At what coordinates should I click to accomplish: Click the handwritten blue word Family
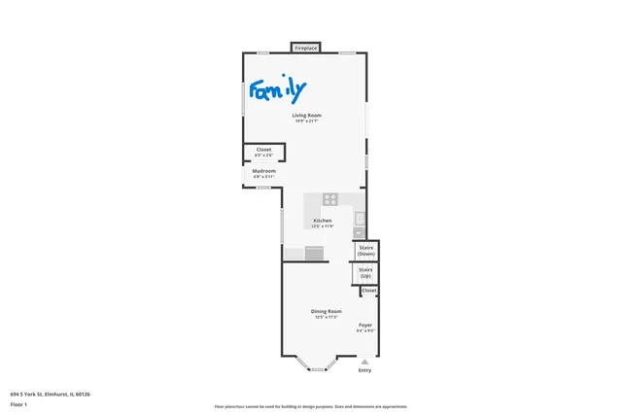[277, 91]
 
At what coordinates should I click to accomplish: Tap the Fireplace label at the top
[306, 48]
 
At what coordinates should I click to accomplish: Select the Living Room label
[307, 115]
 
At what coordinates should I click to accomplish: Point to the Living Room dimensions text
[307, 121]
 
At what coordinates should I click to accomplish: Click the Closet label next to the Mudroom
[263, 149]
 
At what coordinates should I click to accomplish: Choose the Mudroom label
[264, 171]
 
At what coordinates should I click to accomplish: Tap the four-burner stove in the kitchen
[330, 199]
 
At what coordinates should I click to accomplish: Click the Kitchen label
[323, 221]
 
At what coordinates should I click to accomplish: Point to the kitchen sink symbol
[359, 231]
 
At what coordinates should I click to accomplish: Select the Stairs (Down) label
[366, 251]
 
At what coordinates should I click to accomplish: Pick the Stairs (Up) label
[365, 272]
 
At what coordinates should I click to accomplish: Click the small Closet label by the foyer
[369, 291]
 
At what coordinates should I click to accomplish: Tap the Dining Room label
[326, 311]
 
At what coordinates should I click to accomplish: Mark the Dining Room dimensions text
[326, 318]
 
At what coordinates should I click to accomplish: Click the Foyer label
[365, 325]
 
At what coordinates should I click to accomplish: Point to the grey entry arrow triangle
[365, 361]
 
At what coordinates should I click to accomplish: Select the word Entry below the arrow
[365, 370]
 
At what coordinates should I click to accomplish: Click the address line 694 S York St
[50, 394]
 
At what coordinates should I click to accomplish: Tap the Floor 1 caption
[18, 403]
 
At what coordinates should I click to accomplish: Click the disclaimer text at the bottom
[311, 406]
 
